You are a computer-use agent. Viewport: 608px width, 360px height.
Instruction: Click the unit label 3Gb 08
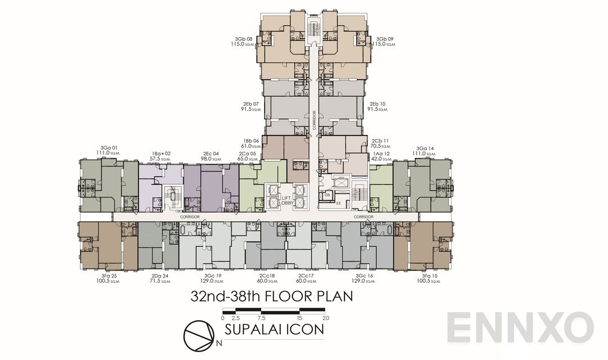point(244,39)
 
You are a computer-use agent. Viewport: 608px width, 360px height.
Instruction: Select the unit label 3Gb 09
point(385,39)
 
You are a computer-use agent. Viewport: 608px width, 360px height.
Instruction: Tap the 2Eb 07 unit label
point(251,104)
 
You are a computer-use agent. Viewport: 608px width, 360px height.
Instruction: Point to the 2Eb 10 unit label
point(378,104)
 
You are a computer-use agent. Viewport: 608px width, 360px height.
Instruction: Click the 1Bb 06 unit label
point(251,141)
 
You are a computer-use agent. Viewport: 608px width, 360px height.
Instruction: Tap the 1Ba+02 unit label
point(160,153)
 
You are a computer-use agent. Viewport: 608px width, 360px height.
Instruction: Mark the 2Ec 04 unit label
point(212,153)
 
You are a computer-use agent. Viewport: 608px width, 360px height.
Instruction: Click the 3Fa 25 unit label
point(107,276)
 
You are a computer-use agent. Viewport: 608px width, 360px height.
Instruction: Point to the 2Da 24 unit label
point(160,276)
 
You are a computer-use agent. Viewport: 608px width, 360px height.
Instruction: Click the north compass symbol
point(200,334)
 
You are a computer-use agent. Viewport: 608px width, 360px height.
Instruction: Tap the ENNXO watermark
point(521,327)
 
